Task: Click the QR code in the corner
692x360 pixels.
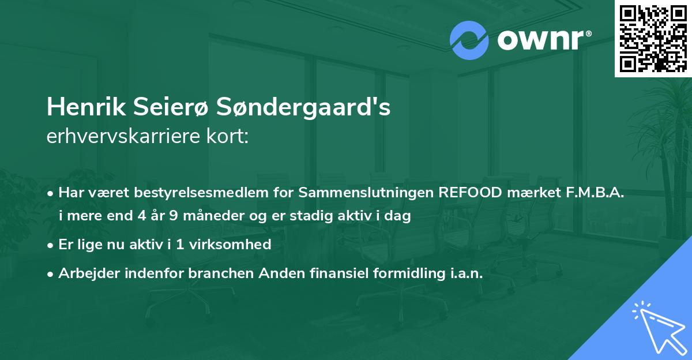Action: coord(653,38)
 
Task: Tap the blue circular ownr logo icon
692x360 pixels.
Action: coord(469,40)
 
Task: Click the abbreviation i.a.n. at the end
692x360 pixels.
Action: coord(467,273)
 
